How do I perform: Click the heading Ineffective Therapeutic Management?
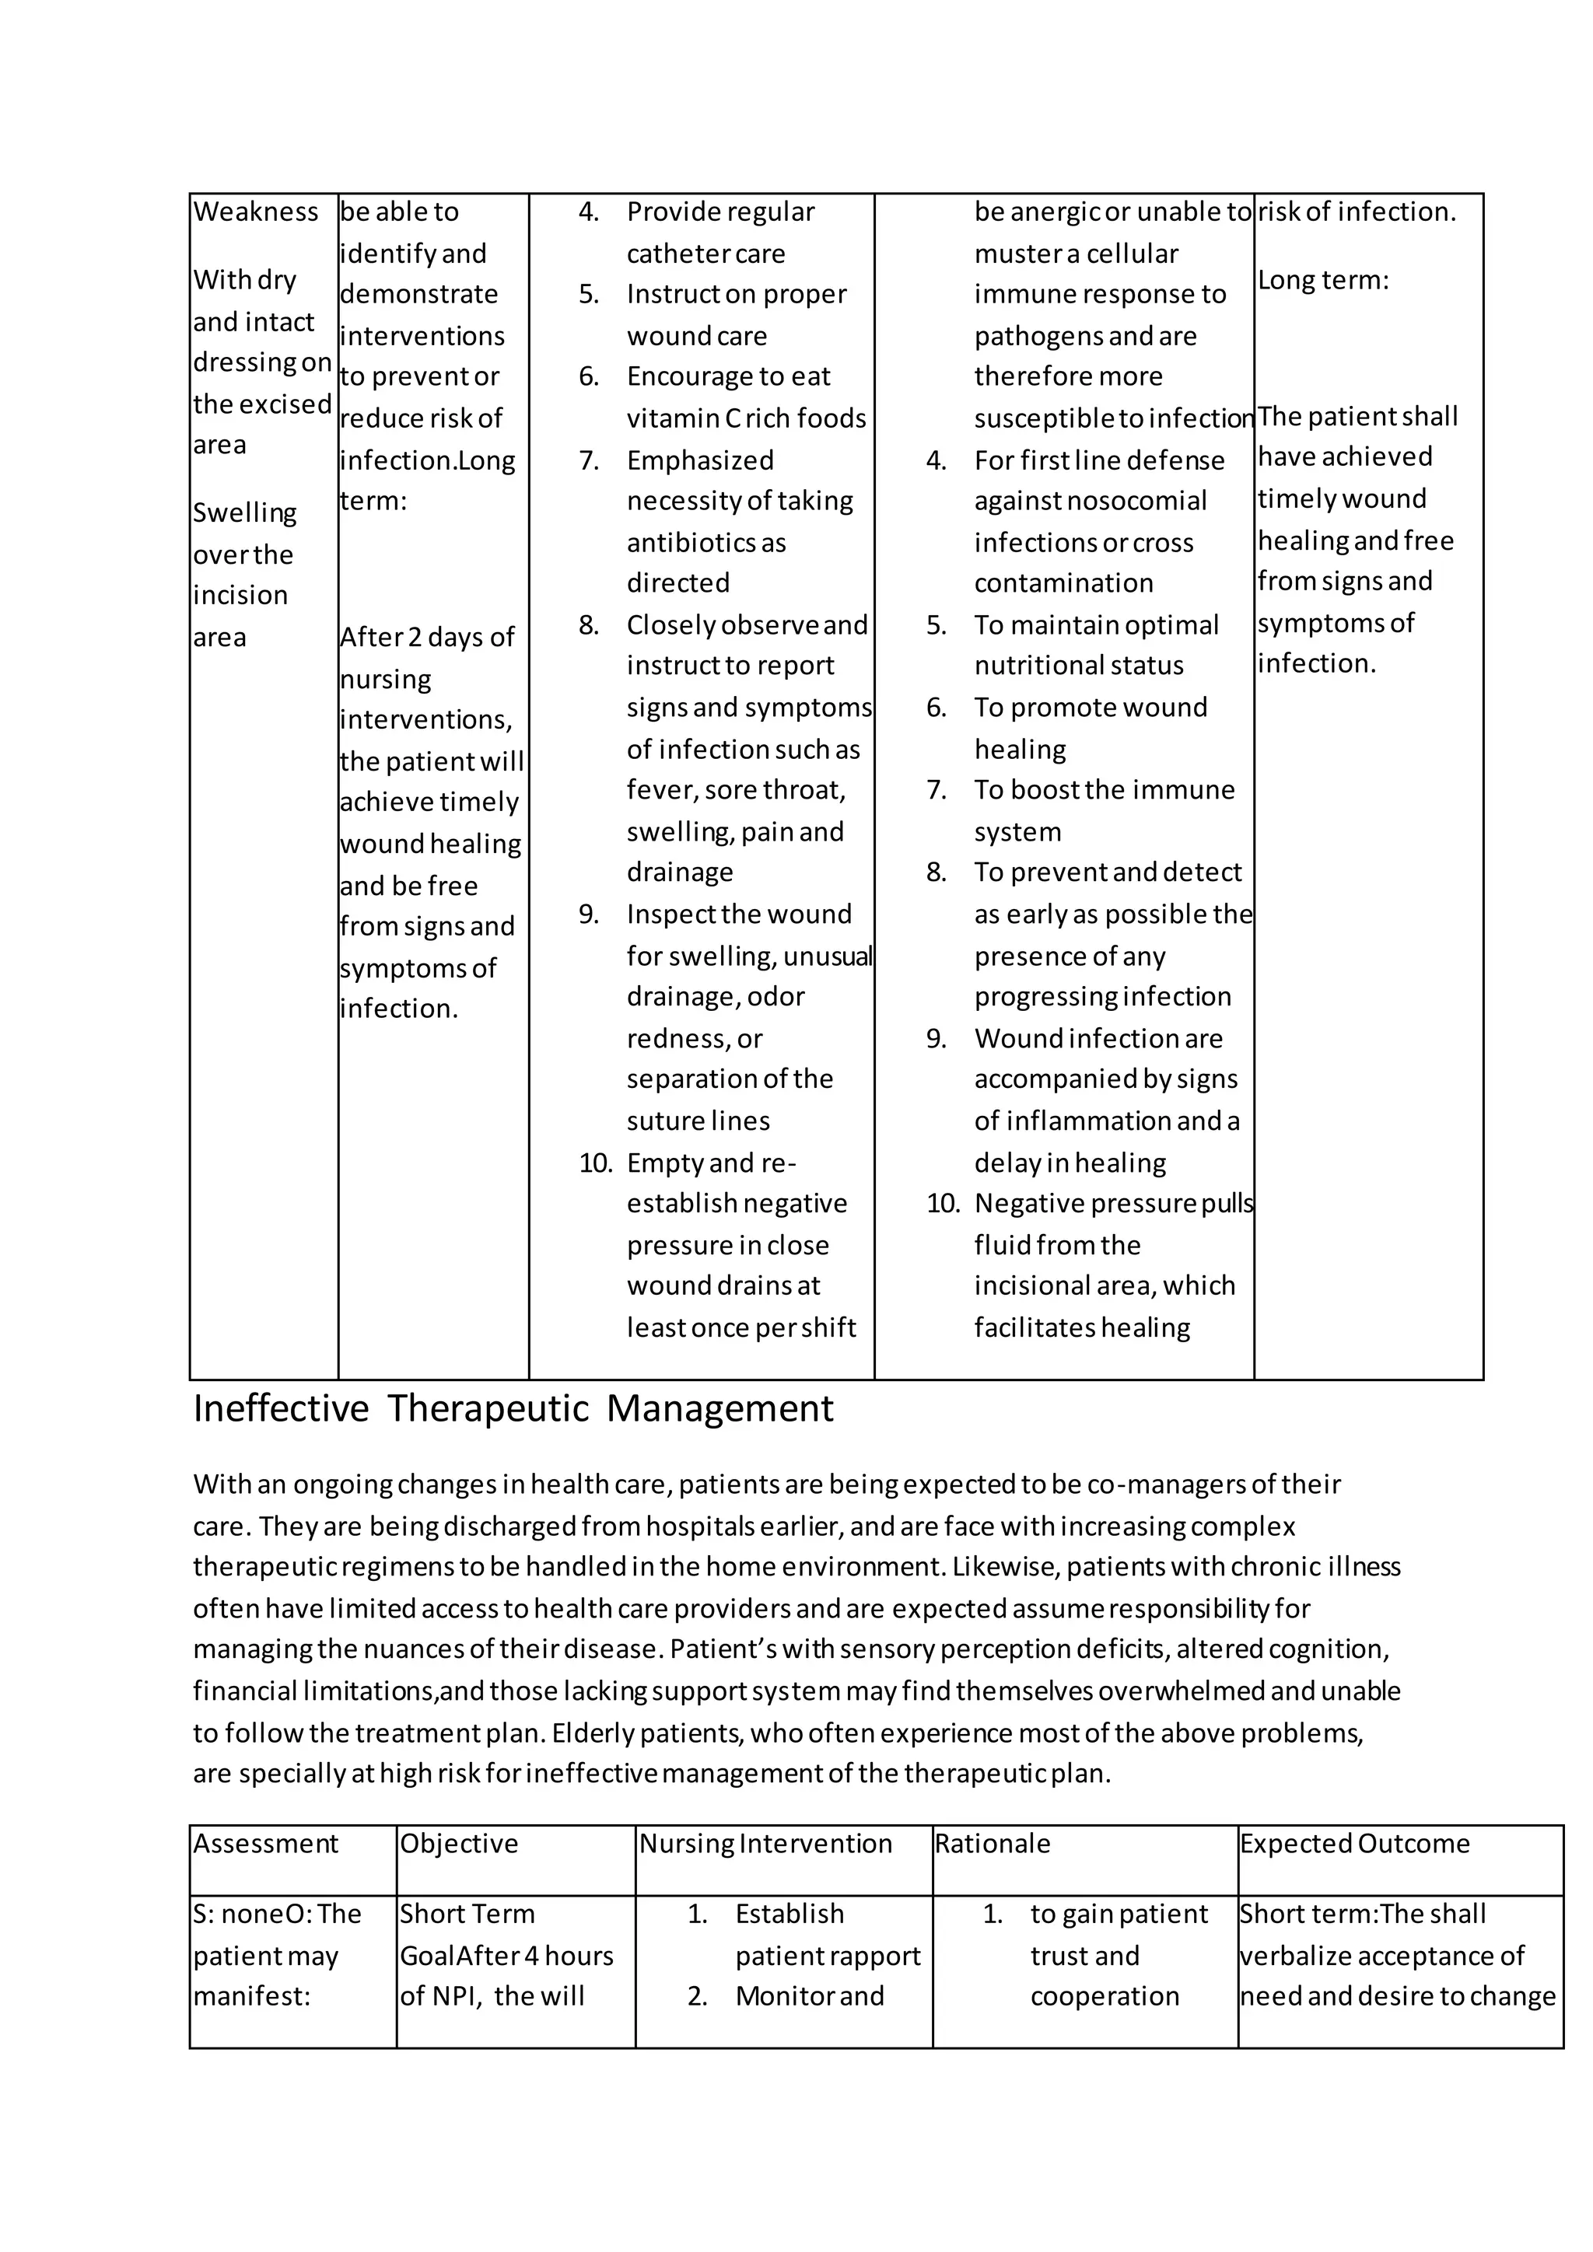click(513, 1408)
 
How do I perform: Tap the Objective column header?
click(458, 1844)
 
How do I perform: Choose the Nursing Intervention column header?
click(765, 1844)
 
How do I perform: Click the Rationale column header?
click(992, 1844)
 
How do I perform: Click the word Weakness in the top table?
click(255, 212)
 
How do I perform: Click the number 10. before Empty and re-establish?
click(594, 1163)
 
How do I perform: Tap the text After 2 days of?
click(427, 638)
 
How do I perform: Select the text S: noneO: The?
click(277, 1914)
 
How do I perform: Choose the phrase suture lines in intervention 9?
click(698, 1121)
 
